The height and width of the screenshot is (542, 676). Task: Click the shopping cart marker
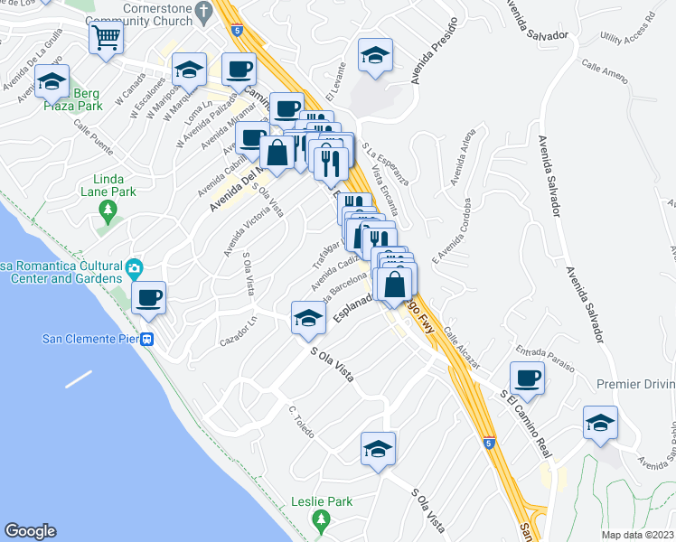click(x=107, y=39)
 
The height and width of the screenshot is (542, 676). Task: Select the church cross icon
click(x=203, y=13)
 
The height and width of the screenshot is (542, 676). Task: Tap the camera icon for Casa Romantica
click(x=135, y=267)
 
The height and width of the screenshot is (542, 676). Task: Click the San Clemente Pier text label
click(x=89, y=340)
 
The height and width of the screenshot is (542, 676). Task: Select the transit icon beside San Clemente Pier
click(x=146, y=340)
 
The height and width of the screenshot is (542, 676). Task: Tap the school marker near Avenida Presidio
click(x=375, y=54)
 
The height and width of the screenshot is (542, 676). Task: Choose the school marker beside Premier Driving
click(x=600, y=423)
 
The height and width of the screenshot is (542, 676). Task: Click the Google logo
click(x=30, y=531)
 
